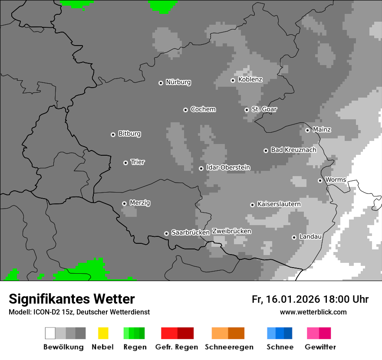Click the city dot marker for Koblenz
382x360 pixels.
tap(233, 80)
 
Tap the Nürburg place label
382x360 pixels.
tap(178, 82)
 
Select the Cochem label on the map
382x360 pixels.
tap(203, 109)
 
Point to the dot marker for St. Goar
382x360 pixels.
tap(247, 110)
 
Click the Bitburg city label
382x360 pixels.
tap(129, 134)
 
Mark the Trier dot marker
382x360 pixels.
tap(125, 163)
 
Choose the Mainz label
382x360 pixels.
tap(322, 129)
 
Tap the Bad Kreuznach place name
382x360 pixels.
tap(293, 150)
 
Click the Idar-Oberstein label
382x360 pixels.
tap(228, 167)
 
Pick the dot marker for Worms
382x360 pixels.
tap(320, 180)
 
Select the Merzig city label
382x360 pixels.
tap(140, 203)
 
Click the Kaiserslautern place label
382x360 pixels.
tap(279, 204)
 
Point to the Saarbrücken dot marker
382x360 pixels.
tap(166, 233)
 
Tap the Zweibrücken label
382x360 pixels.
tap(231, 231)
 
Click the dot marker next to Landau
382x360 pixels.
tap(294, 237)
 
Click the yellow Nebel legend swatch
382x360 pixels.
tap(103, 333)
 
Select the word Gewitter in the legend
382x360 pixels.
tap(320, 347)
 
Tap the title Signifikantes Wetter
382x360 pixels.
tap(72, 299)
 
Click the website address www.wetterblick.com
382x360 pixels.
tap(313, 312)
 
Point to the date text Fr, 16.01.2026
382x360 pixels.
tap(286, 299)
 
